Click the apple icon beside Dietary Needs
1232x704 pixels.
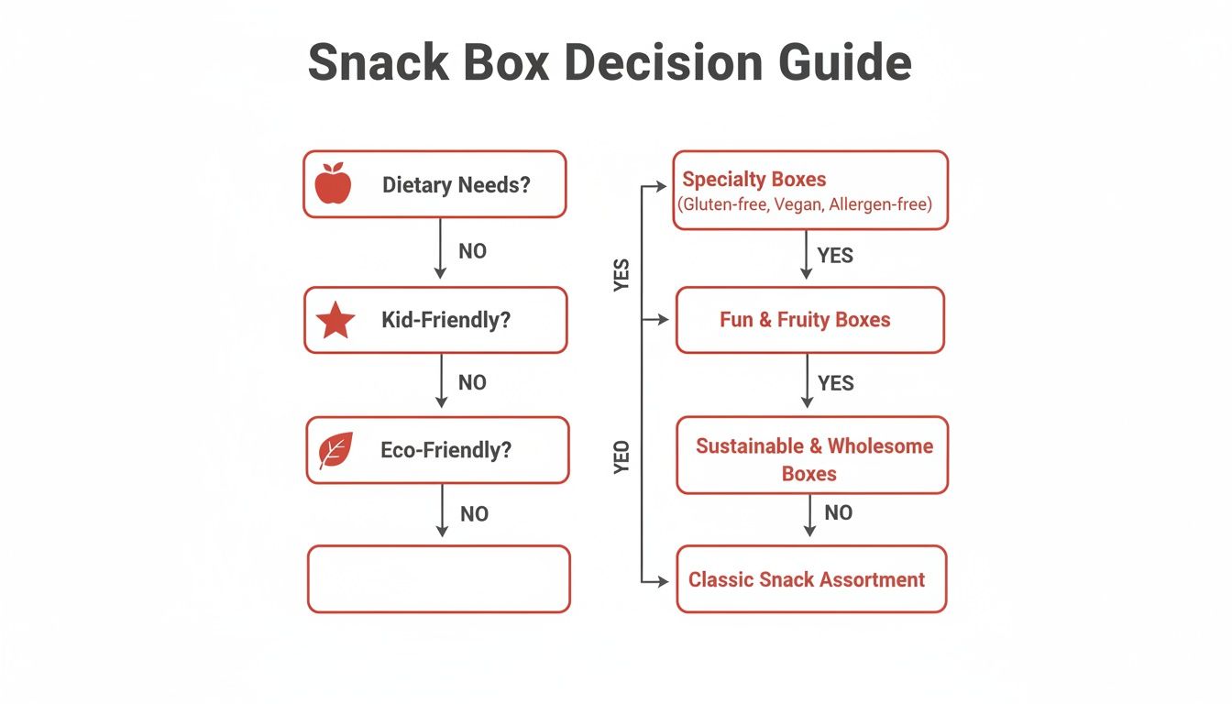coord(333,183)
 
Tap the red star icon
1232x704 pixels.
coord(335,321)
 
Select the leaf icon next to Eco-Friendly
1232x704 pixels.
coord(332,451)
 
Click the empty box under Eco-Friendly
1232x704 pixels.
coord(438,578)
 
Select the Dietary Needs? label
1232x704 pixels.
coord(456,185)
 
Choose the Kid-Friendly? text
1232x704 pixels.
coord(445,321)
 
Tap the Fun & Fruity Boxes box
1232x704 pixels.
coord(809,320)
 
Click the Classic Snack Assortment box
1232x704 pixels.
coord(810,579)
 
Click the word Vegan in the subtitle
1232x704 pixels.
coord(797,204)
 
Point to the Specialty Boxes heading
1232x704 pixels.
coord(753,179)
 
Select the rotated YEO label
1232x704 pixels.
coord(622,456)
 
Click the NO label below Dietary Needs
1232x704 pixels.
coord(472,251)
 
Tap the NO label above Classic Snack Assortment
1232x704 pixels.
coord(838,513)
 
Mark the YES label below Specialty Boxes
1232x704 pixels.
coord(834,255)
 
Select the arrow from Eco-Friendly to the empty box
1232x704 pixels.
coord(442,511)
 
